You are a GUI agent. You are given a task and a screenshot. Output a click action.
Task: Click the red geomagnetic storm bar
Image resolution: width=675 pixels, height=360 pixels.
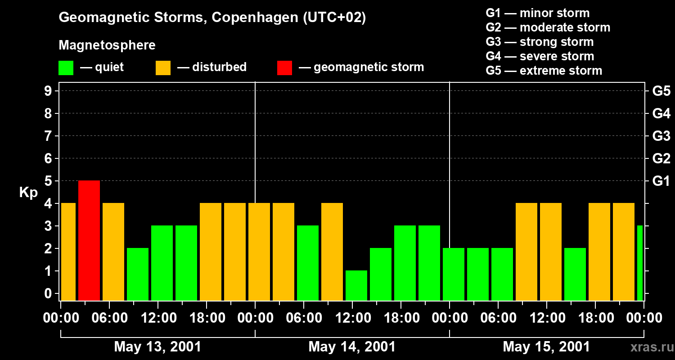[89, 240]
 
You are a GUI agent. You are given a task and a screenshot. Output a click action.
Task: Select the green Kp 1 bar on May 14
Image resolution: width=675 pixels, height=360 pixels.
[356, 285]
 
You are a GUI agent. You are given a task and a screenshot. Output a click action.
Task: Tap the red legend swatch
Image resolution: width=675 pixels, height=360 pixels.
[284, 68]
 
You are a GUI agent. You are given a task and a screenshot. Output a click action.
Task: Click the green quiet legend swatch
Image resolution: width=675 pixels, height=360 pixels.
[66, 68]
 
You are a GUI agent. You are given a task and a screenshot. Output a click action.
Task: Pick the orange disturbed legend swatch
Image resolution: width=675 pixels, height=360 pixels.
[163, 68]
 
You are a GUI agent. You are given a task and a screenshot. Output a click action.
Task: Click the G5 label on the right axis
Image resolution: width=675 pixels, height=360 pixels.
[661, 91]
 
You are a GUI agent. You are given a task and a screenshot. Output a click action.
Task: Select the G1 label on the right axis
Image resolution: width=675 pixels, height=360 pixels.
[661, 181]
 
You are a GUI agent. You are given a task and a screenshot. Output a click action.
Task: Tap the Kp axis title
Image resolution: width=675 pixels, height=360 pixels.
[28, 193]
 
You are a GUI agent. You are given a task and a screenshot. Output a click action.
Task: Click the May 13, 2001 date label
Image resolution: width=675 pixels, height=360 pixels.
[157, 347]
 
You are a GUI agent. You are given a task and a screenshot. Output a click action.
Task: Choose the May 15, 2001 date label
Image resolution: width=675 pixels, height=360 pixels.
[546, 347]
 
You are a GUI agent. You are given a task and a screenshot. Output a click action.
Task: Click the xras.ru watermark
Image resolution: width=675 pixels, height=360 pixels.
[650, 347]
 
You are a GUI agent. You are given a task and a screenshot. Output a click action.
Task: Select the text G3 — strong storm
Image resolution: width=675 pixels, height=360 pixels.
[540, 42]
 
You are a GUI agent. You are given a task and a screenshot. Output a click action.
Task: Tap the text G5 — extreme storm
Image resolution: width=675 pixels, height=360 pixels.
[544, 71]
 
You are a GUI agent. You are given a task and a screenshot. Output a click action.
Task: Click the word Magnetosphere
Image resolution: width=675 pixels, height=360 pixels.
[107, 45]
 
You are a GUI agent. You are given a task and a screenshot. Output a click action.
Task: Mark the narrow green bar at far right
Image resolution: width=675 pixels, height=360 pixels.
[640, 263]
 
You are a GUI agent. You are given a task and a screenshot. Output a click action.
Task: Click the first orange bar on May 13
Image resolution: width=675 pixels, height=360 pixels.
[68, 252]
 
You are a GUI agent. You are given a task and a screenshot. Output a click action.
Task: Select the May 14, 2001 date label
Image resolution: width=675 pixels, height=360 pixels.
[352, 347]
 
